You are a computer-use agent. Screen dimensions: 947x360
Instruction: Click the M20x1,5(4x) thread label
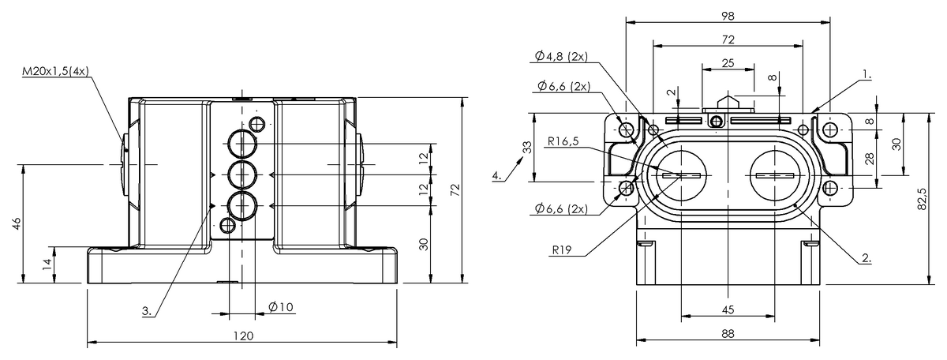(55, 72)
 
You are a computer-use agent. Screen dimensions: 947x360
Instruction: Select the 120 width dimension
(244, 336)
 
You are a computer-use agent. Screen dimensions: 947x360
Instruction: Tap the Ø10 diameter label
(281, 306)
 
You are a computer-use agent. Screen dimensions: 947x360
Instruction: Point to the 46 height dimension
(17, 223)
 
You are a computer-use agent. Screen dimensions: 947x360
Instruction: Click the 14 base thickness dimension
(47, 264)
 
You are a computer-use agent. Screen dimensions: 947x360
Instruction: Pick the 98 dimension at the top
(728, 16)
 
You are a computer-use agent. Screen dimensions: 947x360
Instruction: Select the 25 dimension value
(728, 63)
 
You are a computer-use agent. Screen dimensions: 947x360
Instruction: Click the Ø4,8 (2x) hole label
(561, 56)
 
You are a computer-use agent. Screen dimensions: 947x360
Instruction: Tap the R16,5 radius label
(563, 141)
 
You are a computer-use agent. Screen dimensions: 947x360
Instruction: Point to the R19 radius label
(561, 250)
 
